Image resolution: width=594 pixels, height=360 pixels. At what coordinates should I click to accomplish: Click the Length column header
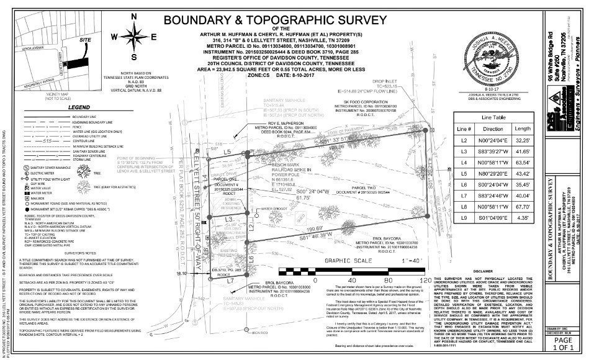pos(523,129)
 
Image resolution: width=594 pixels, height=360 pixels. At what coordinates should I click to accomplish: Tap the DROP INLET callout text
pos(385,81)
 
